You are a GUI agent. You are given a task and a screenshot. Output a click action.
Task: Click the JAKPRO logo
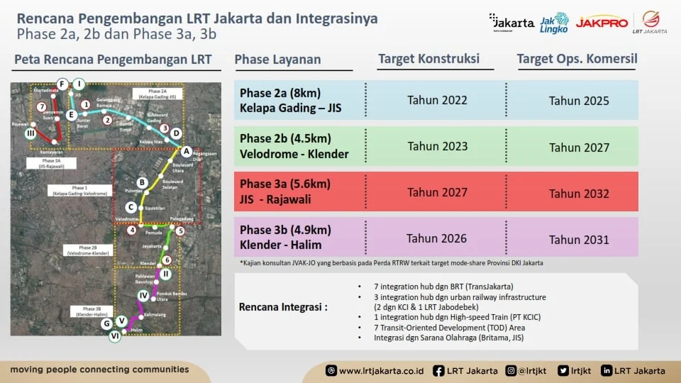coord(602,23)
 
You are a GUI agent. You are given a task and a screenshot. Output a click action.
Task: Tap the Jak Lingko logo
coord(554,22)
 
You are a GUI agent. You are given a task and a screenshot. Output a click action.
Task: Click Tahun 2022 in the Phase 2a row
coord(437,100)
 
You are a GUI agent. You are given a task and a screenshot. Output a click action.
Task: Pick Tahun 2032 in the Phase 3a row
coord(579,193)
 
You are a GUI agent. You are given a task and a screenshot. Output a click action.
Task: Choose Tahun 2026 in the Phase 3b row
coord(437,238)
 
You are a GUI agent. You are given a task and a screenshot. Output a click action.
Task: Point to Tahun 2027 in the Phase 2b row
coord(579,148)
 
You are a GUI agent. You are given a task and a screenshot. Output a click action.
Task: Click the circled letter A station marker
coord(187,151)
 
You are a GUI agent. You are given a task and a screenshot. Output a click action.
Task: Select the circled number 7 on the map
coord(43,106)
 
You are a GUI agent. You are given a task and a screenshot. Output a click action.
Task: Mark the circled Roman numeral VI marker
coord(114,338)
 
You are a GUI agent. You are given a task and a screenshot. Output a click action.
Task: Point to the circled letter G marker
coord(106,324)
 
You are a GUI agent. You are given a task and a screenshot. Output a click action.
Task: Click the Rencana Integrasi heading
coord(283,307)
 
